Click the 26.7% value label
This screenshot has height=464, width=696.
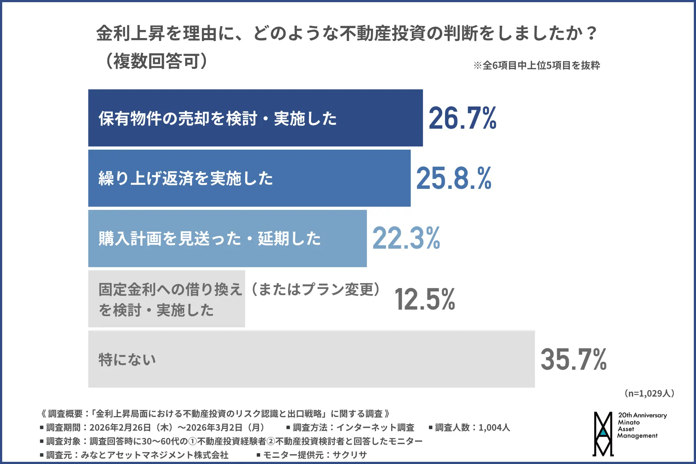[x=462, y=118]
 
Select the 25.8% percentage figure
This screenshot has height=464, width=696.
[x=453, y=178]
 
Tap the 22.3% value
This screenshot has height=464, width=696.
[x=406, y=239]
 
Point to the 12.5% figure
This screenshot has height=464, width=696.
[x=424, y=299]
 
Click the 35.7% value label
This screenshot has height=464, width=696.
[x=573, y=359]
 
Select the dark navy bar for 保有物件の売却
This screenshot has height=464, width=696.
[x=255, y=118]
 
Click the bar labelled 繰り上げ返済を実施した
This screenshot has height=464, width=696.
[x=249, y=178]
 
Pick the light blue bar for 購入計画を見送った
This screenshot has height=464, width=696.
[x=227, y=239]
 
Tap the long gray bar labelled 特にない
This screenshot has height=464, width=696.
[x=311, y=359]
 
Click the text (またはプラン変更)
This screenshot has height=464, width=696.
[x=315, y=289]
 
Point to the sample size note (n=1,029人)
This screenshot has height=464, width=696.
[x=649, y=393]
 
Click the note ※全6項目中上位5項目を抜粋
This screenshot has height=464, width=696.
[x=536, y=66]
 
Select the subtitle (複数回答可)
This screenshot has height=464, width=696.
[x=156, y=61]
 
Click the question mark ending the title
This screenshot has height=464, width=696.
[x=591, y=33]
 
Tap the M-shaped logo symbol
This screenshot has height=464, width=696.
[x=603, y=434]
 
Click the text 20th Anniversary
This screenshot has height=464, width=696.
[x=642, y=415]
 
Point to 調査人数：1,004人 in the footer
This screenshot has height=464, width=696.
[x=469, y=428]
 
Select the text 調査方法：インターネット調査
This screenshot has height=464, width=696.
[x=350, y=428]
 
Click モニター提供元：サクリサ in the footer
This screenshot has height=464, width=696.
[x=312, y=455]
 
